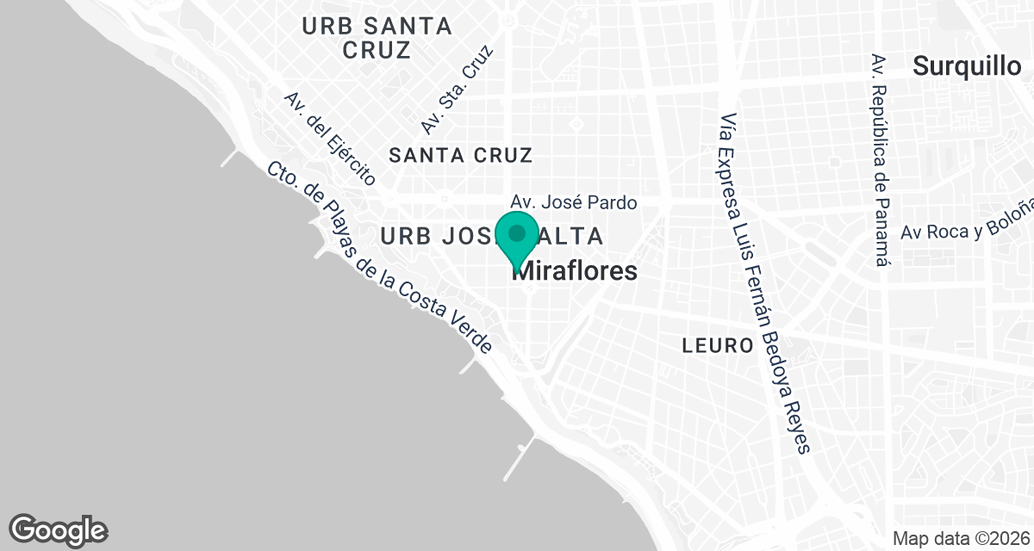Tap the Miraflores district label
tap(576, 271)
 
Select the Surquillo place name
tap(966, 66)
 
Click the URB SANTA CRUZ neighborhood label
tap(377, 38)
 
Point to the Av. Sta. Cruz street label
tap(457, 90)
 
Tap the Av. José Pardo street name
tap(574, 203)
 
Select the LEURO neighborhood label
tap(718, 346)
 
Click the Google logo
tap(59, 529)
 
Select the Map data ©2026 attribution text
tap(961, 538)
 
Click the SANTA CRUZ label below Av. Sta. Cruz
tap(461, 155)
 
